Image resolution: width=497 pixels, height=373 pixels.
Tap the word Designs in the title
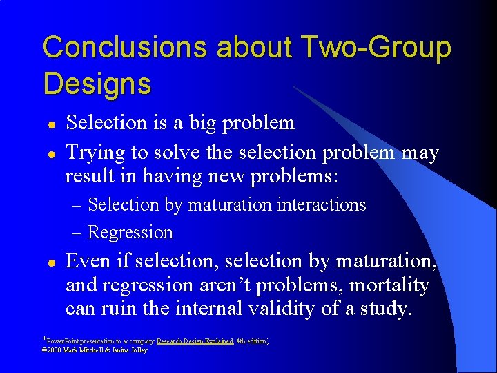tap(97, 84)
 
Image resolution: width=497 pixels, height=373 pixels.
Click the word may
tap(420, 152)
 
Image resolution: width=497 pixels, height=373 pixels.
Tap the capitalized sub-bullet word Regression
tap(130, 232)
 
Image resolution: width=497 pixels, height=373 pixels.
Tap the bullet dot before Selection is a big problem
tap(51, 124)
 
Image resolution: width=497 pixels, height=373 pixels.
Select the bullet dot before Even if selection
tap(51, 263)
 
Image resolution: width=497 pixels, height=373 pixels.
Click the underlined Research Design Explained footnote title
tap(195, 341)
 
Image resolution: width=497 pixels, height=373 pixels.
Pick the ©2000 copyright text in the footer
tap(54, 350)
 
